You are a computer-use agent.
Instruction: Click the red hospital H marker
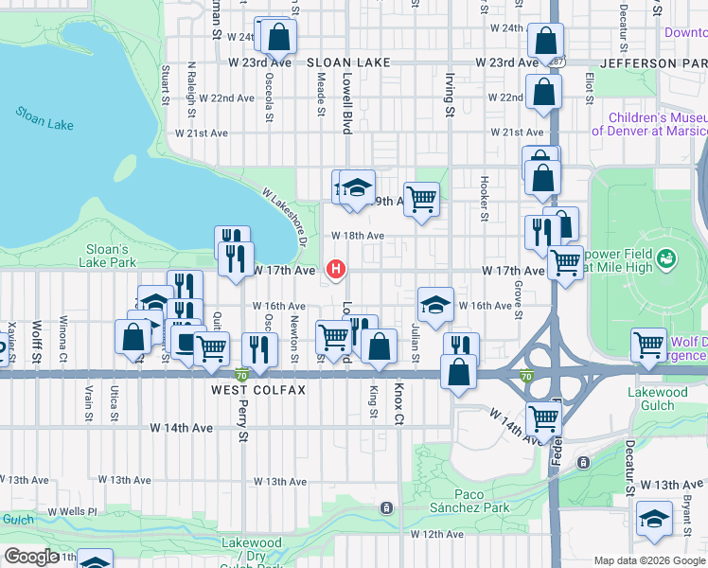(335, 270)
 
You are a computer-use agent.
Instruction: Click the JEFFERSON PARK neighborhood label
(652, 62)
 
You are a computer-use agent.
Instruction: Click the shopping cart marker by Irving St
(421, 198)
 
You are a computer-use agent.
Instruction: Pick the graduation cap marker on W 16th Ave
(434, 304)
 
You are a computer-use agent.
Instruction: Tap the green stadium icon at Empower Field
(666, 257)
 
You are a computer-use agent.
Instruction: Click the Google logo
(30, 558)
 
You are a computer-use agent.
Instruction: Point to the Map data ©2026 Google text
(649, 560)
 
